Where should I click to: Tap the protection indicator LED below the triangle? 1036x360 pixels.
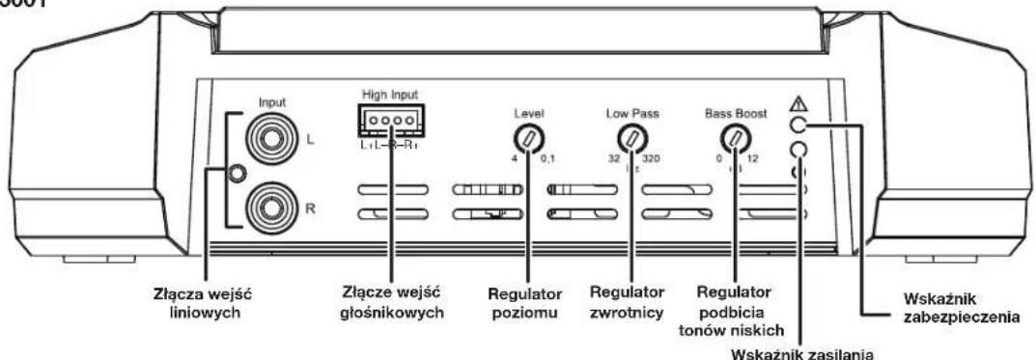tap(797, 125)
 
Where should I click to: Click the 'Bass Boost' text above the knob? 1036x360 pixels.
tap(738, 113)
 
